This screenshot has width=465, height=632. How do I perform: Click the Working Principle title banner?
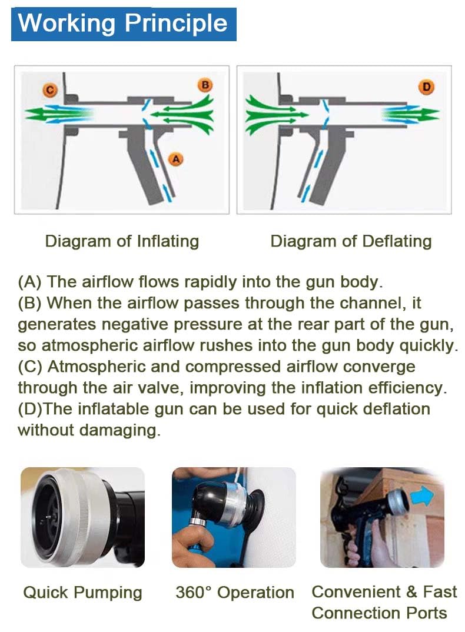click(124, 24)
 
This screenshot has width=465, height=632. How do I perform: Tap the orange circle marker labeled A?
click(175, 158)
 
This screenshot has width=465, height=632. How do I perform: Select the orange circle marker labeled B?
click(205, 85)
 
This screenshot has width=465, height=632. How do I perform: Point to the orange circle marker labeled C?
click(50, 89)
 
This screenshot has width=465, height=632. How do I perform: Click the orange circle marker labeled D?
click(427, 88)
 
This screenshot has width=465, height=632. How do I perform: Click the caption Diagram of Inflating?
click(122, 241)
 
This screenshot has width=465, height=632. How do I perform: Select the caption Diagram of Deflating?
click(351, 241)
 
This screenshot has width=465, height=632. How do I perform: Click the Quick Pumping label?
click(82, 592)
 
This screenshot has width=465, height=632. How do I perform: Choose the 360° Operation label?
click(234, 592)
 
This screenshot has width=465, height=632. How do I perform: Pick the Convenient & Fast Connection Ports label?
click(384, 602)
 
